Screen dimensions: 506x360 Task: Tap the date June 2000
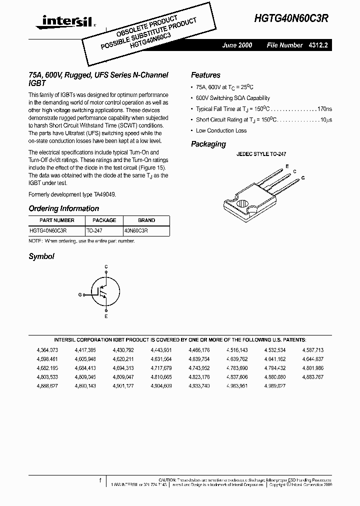[x=237, y=45]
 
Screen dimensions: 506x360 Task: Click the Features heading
[x=205, y=75]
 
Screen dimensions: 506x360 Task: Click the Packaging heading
[x=208, y=144]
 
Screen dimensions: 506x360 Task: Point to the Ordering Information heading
[x=63, y=208]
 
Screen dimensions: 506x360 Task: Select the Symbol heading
[x=41, y=256]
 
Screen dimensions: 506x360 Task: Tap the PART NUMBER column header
[x=57, y=220]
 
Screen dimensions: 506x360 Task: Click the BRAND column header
[x=146, y=220]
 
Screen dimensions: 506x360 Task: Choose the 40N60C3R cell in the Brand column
[x=136, y=231]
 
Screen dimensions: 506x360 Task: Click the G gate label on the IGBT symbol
[x=79, y=295]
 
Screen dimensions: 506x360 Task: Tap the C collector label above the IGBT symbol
[x=106, y=267]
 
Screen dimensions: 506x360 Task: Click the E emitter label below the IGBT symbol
[x=106, y=317]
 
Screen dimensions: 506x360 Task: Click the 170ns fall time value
[x=324, y=109]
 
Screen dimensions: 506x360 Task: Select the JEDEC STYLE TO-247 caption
[x=261, y=154]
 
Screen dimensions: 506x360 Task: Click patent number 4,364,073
[x=47, y=350]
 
